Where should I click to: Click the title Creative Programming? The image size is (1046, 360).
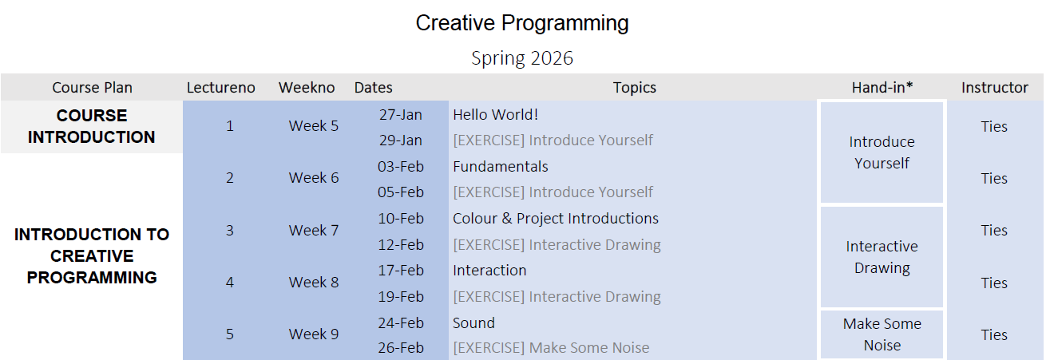pos(522,23)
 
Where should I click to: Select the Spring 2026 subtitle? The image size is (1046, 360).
pos(522,58)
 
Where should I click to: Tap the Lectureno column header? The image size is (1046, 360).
pos(221,87)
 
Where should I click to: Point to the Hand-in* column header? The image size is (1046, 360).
pos(882,87)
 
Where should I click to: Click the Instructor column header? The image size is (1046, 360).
pos(995,87)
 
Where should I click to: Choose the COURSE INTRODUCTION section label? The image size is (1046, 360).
pos(92,126)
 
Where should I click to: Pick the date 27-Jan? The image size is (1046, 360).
pos(401,114)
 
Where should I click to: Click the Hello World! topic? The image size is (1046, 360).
pos(495,114)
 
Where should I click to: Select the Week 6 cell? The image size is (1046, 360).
pos(314,177)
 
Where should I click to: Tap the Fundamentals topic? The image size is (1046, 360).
pos(501,166)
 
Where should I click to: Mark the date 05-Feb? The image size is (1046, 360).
pos(401,192)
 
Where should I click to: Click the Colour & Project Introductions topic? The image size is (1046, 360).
pos(556,219)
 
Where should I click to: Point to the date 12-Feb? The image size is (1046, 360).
pos(401,245)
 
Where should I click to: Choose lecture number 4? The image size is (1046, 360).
pos(230,282)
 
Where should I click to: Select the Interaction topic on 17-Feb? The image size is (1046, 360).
pos(489,271)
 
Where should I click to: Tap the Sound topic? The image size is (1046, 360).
pos(473,322)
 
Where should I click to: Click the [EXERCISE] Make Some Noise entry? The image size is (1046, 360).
pos(551,348)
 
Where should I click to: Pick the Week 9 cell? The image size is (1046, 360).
pos(314,334)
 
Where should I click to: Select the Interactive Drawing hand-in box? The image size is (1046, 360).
pos(882,257)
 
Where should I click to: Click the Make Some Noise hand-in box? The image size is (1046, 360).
pos(882,334)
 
